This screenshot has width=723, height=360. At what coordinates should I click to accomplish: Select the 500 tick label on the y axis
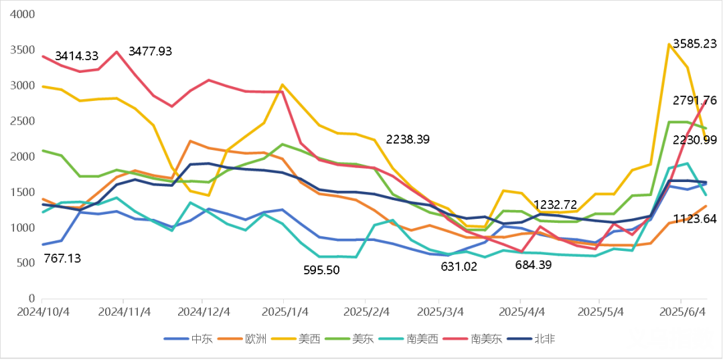(25, 263)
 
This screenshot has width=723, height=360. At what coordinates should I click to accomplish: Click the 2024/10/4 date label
(42, 312)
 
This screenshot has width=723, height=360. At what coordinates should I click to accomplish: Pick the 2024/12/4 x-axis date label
(205, 312)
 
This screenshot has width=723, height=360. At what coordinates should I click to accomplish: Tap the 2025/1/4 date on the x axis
(285, 312)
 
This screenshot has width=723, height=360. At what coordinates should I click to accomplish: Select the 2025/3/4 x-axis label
(439, 312)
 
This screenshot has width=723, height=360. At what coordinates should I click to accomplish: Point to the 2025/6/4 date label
(682, 312)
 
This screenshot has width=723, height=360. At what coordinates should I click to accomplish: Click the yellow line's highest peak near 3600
(669, 43)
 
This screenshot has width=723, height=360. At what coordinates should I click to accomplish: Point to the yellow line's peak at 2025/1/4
(282, 84)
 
